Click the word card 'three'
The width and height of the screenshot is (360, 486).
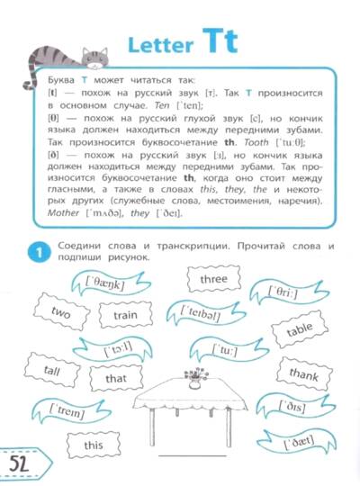(213, 279)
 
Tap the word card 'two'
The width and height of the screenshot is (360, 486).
(61, 311)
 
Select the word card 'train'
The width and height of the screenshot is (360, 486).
(126, 315)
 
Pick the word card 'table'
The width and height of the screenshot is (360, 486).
(300, 329)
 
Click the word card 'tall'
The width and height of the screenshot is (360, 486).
(52, 370)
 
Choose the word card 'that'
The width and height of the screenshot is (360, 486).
(116, 378)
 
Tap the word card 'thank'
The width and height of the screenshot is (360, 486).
(304, 374)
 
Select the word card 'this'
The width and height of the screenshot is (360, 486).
(94, 445)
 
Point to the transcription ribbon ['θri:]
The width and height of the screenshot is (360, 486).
(289, 292)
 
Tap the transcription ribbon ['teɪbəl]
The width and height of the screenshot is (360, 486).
(205, 314)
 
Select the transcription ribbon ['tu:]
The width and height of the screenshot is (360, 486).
(229, 351)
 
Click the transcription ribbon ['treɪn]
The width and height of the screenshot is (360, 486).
(71, 411)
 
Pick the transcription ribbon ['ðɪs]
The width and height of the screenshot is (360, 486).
(295, 406)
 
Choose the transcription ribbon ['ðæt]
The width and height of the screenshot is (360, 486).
(297, 441)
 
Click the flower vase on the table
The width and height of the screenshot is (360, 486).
(195, 378)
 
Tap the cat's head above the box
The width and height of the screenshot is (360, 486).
(94, 58)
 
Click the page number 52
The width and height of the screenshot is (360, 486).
(19, 463)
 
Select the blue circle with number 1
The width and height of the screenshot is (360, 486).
(39, 253)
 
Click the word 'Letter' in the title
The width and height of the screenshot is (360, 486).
(160, 45)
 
